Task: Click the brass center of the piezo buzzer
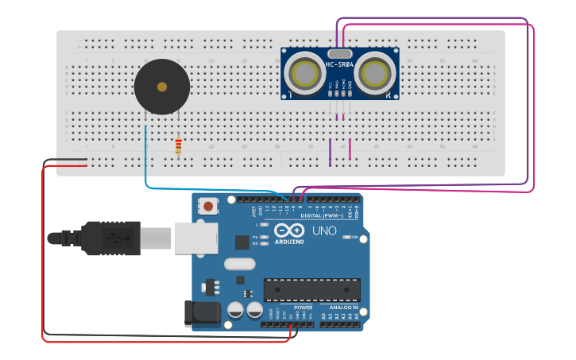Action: pos(162,87)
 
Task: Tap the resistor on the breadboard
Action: pos(178,146)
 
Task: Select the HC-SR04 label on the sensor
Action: pos(340,64)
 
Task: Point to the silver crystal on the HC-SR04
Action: pos(340,53)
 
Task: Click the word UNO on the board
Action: pos(324,231)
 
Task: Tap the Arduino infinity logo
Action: pos(288,230)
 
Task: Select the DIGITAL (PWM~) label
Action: pos(322,215)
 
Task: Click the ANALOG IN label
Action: pos(343,307)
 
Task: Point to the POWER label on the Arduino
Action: pos(303,307)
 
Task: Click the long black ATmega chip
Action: pos(312,290)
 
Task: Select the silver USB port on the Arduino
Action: pos(195,238)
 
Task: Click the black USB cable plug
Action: pos(110,238)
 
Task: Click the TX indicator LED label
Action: pos(255,237)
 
